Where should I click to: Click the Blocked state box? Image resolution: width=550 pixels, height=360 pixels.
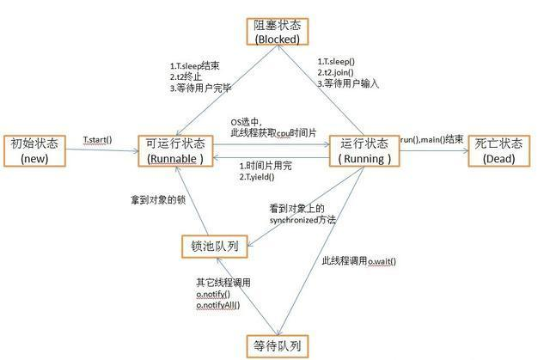point(277,33)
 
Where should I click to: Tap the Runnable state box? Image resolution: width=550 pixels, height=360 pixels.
point(176,149)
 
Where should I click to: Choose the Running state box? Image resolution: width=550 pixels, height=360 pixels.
point(365,149)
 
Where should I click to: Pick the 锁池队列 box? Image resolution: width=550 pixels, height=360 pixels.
point(215,247)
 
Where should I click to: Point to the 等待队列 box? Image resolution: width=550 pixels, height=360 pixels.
point(277,345)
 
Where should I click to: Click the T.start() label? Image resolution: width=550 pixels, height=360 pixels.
point(98,139)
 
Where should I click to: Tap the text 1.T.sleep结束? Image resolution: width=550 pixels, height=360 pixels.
point(195,64)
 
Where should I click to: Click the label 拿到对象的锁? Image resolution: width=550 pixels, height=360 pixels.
point(152,200)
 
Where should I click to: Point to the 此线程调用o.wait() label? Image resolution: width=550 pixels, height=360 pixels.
point(359,260)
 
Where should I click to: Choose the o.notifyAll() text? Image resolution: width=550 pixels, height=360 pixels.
point(218,304)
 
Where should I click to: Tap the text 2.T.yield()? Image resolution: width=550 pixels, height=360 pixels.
point(258,175)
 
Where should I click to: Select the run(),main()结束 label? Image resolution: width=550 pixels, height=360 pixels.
point(431,139)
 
